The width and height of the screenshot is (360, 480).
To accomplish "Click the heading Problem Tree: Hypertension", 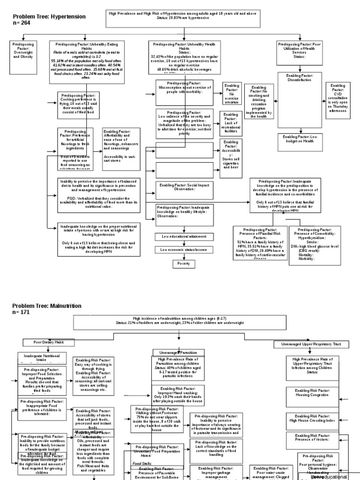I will [49, 16].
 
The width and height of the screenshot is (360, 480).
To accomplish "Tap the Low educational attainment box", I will [183, 237].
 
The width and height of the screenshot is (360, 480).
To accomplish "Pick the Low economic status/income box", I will [183, 250].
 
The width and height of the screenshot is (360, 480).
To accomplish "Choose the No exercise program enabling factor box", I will [232, 93].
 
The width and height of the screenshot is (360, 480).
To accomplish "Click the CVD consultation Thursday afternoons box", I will [337, 101].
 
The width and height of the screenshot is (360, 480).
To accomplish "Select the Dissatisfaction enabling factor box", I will [300, 78].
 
